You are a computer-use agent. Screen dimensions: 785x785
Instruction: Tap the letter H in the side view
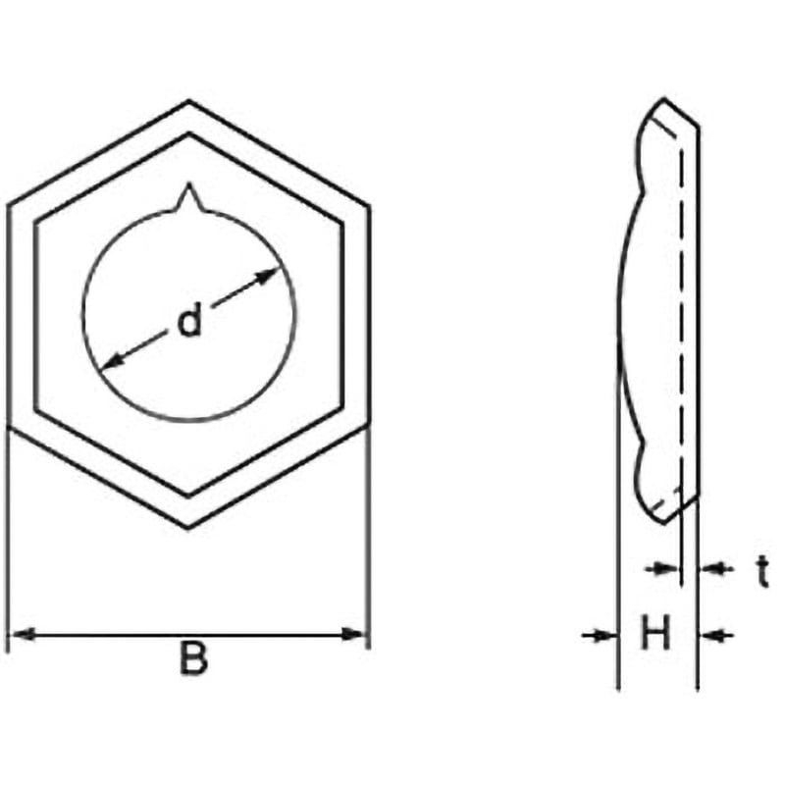[655, 633]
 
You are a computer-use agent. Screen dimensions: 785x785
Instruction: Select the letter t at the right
[762, 572]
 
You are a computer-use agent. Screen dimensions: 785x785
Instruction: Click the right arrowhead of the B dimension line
[354, 635]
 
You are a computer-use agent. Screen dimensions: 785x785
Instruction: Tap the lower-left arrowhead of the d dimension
[111, 361]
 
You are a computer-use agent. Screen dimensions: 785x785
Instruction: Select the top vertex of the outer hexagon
[188, 102]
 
